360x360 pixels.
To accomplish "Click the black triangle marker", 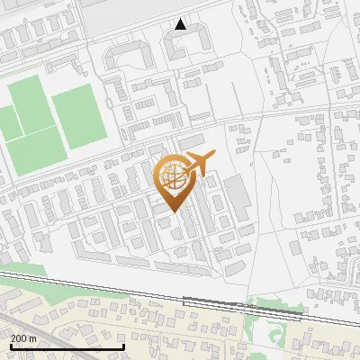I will tap(181, 24).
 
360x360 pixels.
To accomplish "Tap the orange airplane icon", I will tap(198, 164).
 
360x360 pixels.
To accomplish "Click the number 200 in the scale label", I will tap(18, 338).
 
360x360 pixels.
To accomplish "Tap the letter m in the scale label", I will tap(32, 338).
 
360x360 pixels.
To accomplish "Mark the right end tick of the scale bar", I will tap(123, 346).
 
